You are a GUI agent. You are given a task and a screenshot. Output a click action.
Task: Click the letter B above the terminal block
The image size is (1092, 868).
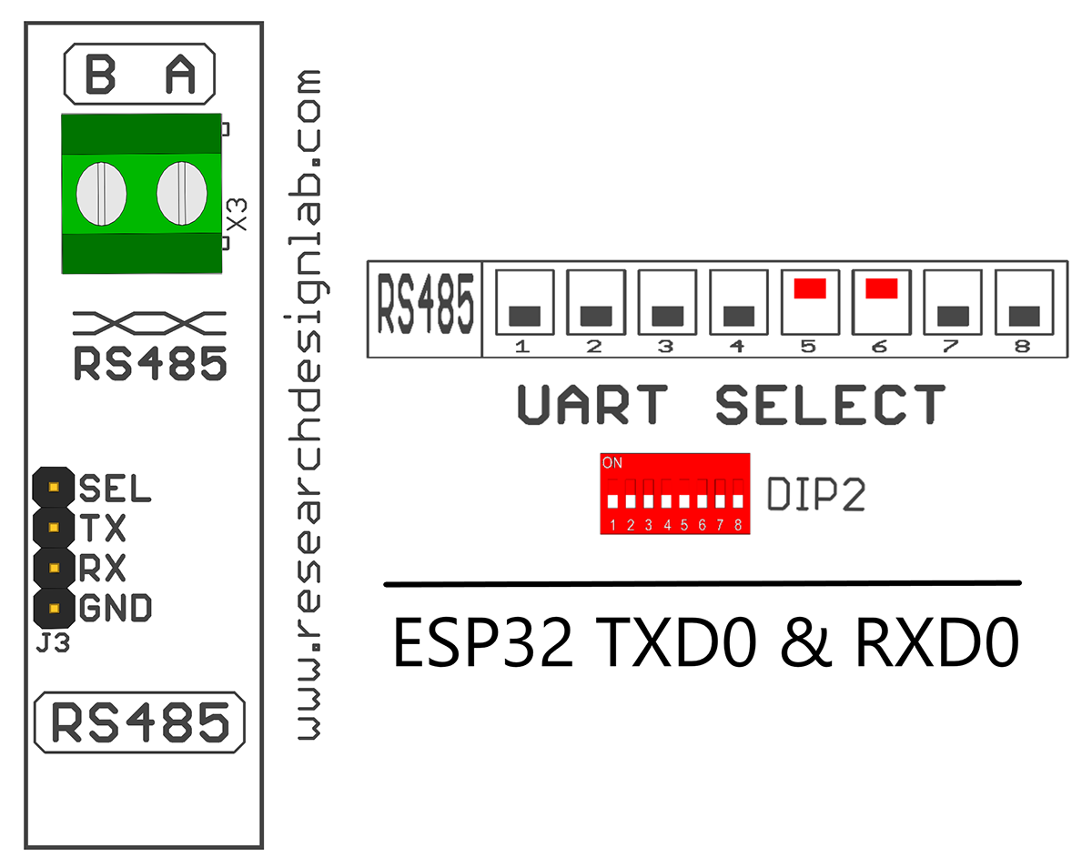point(100,75)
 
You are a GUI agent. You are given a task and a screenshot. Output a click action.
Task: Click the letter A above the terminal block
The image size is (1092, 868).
point(181,75)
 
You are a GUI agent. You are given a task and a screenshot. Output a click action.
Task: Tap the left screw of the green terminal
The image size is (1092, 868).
point(100,193)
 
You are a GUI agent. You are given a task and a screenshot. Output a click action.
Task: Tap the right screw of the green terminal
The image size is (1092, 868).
point(179,193)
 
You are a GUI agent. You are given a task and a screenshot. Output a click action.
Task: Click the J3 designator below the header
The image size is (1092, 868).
point(54,645)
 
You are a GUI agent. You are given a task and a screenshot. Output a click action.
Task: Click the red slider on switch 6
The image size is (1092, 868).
point(881,288)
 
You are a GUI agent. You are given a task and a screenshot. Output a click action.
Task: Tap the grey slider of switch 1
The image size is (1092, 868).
point(524,316)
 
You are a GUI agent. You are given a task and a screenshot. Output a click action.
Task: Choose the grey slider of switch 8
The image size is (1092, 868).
point(1024,316)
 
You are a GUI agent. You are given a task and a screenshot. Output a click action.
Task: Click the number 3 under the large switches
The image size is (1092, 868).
point(665,347)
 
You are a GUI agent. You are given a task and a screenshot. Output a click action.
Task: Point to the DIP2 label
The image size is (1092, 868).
point(816,495)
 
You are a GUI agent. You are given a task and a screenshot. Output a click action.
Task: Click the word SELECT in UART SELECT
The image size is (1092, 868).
point(830,405)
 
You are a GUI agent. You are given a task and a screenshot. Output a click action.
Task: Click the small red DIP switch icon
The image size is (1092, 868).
point(674,492)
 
